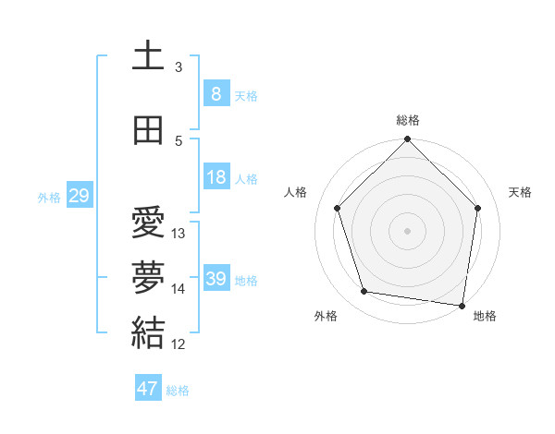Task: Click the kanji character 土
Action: coord(148,55)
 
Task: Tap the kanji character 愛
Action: coord(148,223)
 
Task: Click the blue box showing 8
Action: coord(216,94)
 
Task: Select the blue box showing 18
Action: coord(216,177)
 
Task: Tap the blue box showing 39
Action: coord(216,279)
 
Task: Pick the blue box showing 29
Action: coord(79,196)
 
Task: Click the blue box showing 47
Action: coord(148,389)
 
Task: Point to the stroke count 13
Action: coord(179,234)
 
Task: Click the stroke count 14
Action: coord(179,289)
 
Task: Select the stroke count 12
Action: coord(179,344)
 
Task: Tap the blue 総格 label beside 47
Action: coord(179,391)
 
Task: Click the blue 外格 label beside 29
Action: coord(49,197)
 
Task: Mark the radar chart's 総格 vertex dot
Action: coord(407,140)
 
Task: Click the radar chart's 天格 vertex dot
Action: coord(478,208)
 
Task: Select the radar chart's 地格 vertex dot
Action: coord(462,305)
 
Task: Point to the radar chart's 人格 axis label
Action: coord(296,192)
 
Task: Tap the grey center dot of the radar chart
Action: coord(407,230)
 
